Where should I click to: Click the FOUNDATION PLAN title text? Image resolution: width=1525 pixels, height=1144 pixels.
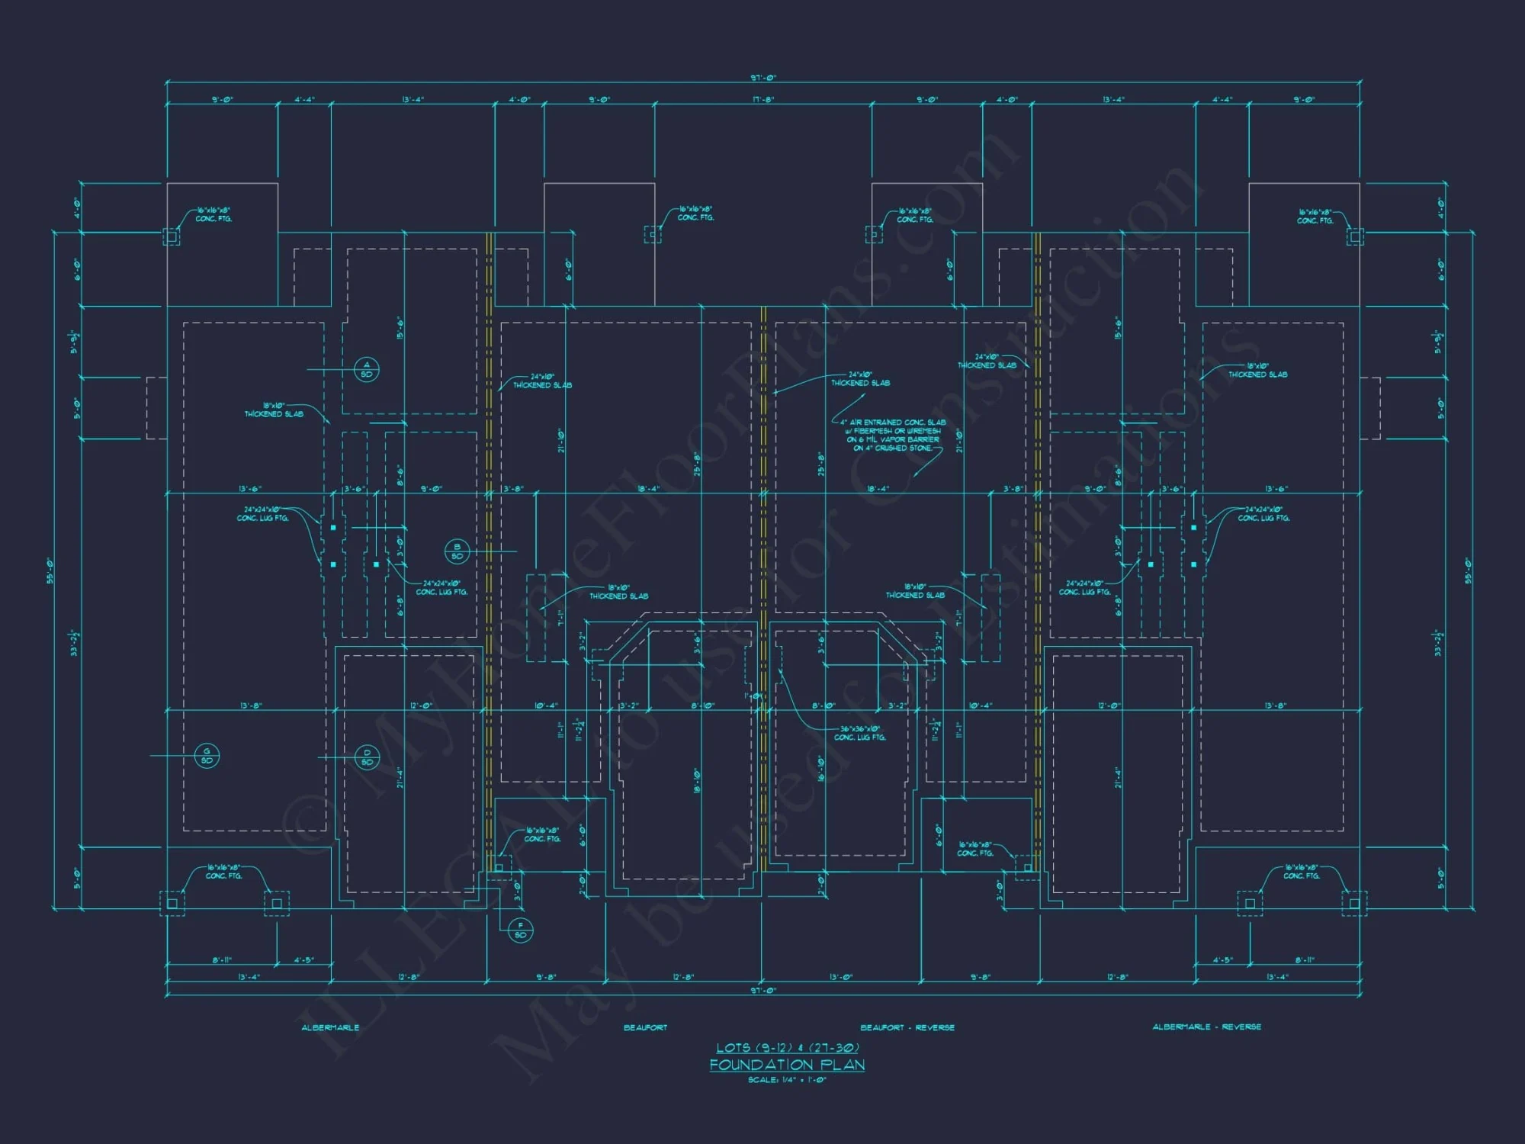[787, 1064]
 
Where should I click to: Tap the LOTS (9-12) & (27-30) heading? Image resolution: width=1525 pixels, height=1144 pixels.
[787, 1048]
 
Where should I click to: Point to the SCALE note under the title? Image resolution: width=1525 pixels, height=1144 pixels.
[787, 1080]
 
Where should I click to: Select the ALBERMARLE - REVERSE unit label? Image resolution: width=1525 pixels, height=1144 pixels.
[1206, 1027]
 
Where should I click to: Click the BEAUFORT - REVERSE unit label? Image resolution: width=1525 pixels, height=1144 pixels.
[907, 1027]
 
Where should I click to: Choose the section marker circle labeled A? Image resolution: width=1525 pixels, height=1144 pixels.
[367, 370]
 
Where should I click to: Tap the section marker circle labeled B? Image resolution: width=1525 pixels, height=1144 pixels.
[457, 551]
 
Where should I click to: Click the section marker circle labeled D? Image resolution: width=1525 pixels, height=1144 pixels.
[367, 757]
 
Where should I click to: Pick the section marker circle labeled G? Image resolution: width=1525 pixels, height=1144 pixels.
[207, 756]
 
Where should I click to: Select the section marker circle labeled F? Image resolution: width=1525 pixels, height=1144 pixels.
[521, 930]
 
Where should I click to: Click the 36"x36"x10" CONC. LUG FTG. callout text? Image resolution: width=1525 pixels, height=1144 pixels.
[860, 733]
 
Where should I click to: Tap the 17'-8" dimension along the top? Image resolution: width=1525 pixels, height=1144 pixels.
[762, 100]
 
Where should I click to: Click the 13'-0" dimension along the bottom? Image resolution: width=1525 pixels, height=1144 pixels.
[840, 977]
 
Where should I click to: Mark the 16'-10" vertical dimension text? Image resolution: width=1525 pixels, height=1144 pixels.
[821, 769]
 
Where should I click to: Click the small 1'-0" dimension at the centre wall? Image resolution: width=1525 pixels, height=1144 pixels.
[755, 696]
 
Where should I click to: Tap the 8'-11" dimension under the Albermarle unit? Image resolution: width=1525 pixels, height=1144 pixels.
[222, 960]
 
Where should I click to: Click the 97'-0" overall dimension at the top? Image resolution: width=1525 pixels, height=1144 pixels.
[762, 78]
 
